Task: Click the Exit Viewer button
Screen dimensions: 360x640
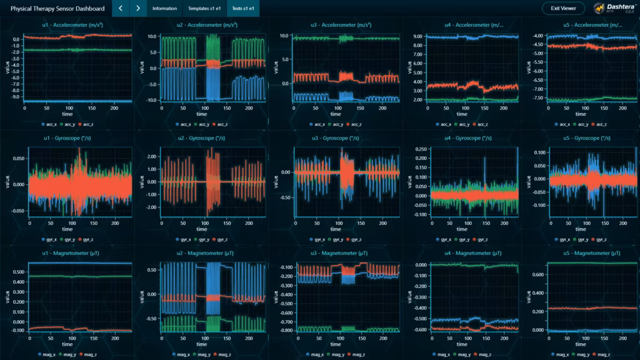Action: point(563,8)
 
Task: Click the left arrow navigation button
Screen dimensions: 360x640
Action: point(121,8)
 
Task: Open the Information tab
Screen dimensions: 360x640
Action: point(164,8)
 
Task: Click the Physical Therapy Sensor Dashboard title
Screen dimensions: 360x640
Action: point(58,8)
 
